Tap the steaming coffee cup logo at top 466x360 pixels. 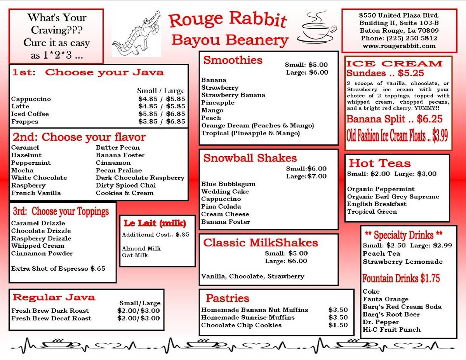tap(317, 28)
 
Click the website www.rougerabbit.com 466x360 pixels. tap(399, 46)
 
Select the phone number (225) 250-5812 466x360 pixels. tap(399, 38)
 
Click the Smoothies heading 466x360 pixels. tap(233, 60)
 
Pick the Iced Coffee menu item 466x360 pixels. tap(30, 114)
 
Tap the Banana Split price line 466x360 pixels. tap(394, 119)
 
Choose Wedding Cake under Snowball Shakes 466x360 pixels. tap(225, 191)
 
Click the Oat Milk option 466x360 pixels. tap(135, 255)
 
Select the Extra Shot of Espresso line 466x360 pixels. tap(58, 268)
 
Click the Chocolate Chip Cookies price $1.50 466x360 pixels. tap(338, 325)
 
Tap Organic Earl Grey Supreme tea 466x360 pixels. tap(393, 197)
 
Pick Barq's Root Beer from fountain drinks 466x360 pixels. tap(391, 314)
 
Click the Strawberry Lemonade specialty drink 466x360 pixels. tap(403, 261)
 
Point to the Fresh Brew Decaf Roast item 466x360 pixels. tap(51, 318)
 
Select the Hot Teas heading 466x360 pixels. tap(379, 163)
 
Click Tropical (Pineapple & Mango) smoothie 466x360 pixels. tap(250, 133)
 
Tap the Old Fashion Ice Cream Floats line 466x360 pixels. tap(397, 136)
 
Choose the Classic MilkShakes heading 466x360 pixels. tap(261, 243)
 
